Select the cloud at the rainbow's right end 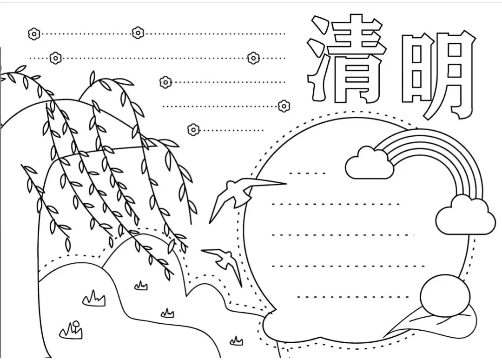point(465,216)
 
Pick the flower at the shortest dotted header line point(193,129)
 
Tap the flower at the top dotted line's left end point(34,33)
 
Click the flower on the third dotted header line point(165,82)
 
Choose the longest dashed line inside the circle point(349,266)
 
